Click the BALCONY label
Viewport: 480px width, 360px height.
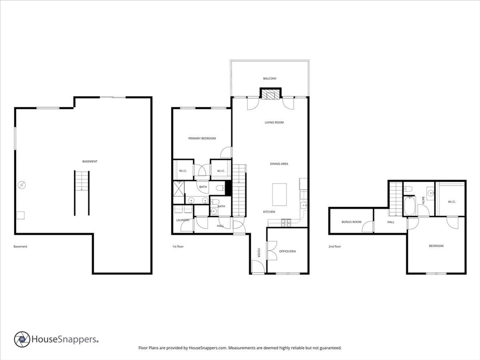pos(270,79)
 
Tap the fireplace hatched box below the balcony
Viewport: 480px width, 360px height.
pos(270,94)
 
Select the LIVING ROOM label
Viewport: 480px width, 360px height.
pos(274,122)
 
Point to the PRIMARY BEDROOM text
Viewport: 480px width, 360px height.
pos(202,138)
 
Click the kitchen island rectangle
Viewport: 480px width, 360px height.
pos(279,195)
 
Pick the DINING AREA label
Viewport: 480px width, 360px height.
pos(279,164)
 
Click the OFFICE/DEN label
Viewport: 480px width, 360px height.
pos(287,251)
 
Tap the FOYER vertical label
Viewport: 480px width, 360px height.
pos(259,253)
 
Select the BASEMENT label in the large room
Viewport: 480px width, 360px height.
pos(90,161)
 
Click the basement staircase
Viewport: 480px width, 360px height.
pos(82,193)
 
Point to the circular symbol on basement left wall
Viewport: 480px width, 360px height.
pos(22,185)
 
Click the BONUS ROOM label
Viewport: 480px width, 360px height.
pos(352,222)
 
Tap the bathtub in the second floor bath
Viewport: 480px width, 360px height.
pos(410,206)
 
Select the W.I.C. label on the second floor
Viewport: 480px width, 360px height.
pos(452,202)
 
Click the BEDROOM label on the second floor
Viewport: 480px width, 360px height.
pos(436,246)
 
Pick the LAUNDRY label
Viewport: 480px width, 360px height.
pos(183,220)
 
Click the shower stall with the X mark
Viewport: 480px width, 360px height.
pos(179,188)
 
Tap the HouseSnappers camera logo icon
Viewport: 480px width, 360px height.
pos(22,339)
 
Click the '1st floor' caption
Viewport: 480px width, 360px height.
pos(178,247)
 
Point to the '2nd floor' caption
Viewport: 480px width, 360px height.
pos(335,247)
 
